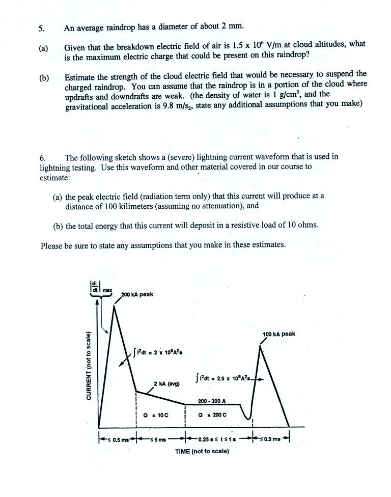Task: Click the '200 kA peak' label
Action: (x=137, y=294)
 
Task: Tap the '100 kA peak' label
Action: (x=278, y=334)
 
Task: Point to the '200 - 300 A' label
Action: (x=212, y=401)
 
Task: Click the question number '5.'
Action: (x=41, y=29)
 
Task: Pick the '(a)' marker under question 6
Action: (x=58, y=196)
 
